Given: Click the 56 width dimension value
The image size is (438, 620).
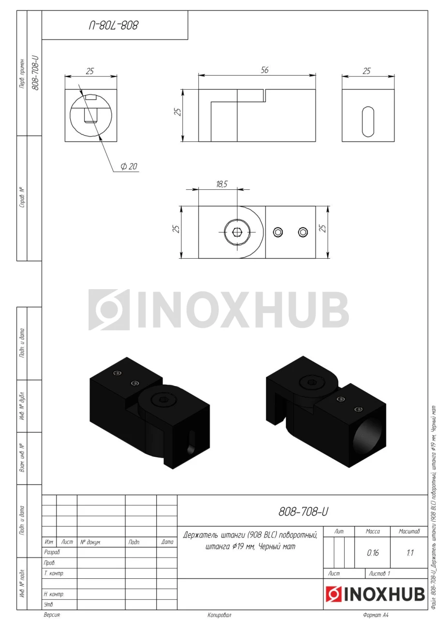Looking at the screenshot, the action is coord(264,70).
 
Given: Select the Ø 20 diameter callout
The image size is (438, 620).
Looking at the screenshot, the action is coord(129,166).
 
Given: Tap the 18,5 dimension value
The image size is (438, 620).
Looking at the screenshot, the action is coord(222,184).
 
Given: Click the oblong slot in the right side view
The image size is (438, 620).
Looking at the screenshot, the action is coord(368,122).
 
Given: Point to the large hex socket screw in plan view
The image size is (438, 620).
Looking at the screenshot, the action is coord(237,232).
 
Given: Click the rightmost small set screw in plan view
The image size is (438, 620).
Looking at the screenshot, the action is coord(303,232).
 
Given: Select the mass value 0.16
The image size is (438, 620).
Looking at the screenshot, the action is coord(373,553).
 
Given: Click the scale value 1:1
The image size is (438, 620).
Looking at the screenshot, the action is coord(410,553).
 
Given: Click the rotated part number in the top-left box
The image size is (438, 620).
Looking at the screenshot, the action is coord(114,26).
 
